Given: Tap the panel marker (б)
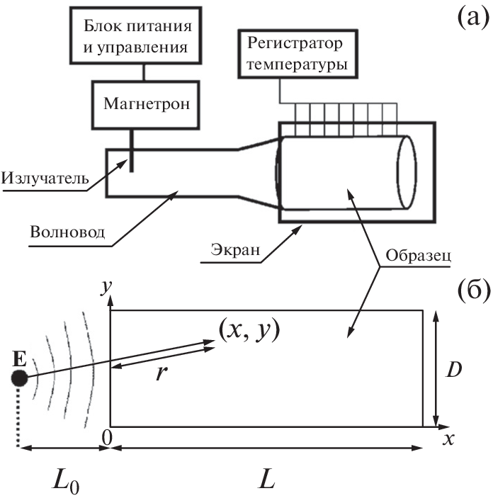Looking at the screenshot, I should click(x=467, y=292).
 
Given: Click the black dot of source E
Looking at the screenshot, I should click(x=20, y=378).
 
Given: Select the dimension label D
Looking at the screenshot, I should click(x=458, y=368).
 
